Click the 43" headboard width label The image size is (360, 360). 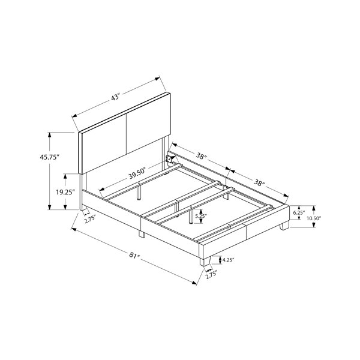(x=116, y=97)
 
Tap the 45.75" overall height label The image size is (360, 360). (x=50, y=157)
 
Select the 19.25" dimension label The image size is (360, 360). (x=65, y=192)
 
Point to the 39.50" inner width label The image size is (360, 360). (x=137, y=173)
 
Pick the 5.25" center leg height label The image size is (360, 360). (x=201, y=216)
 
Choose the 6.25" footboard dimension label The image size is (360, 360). (x=299, y=212)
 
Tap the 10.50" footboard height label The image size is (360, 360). (x=314, y=218)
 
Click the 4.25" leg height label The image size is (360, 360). (x=228, y=260)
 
